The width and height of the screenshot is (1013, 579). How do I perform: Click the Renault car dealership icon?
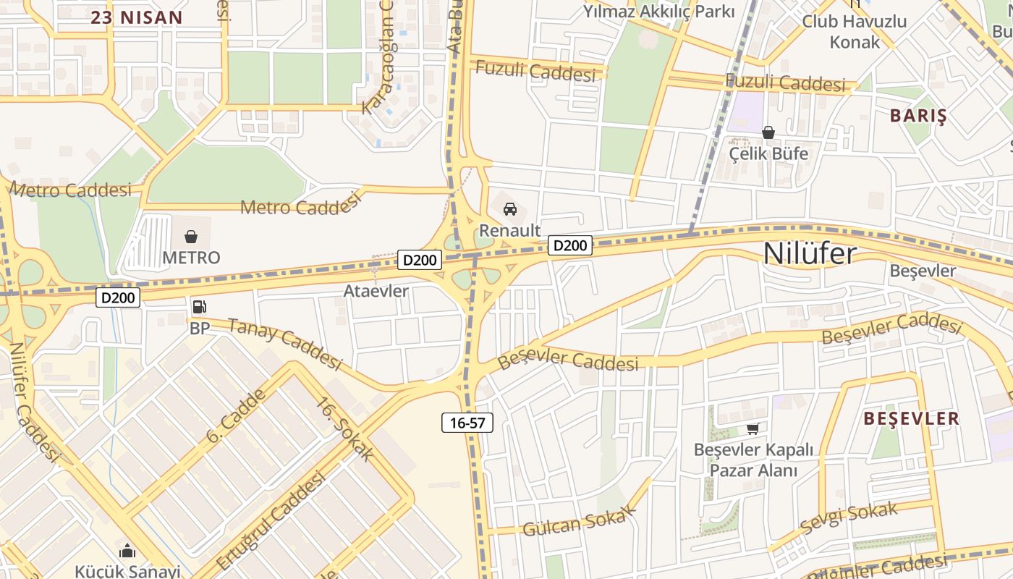tap(510, 210)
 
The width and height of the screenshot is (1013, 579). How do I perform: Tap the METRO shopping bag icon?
tap(191, 237)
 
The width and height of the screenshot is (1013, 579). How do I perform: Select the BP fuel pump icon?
tap(198, 307)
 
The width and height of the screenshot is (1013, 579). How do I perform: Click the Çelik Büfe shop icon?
tap(768, 132)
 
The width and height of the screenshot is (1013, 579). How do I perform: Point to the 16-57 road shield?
tap(467, 423)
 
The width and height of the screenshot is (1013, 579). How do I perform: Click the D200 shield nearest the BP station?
tap(118, 297)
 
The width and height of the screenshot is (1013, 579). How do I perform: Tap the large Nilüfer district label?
tap(810, 254)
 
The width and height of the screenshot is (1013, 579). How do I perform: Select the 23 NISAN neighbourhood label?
tap(137, 17)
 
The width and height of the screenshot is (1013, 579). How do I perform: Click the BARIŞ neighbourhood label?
tap(918, 116)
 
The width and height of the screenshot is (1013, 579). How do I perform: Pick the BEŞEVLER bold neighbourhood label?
tap(912, 418)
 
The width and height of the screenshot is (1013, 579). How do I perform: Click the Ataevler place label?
tap(376, 292)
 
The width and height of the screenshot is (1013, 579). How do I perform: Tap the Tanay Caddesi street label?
tap(284, 342)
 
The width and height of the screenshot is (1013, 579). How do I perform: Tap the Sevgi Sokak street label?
tap(849, 520)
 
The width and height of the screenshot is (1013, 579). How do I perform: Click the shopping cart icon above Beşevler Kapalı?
tap(753, 428)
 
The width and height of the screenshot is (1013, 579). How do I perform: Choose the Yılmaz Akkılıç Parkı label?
tap(658, 12)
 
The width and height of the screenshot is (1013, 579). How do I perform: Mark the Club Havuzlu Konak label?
tap(855, 31)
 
